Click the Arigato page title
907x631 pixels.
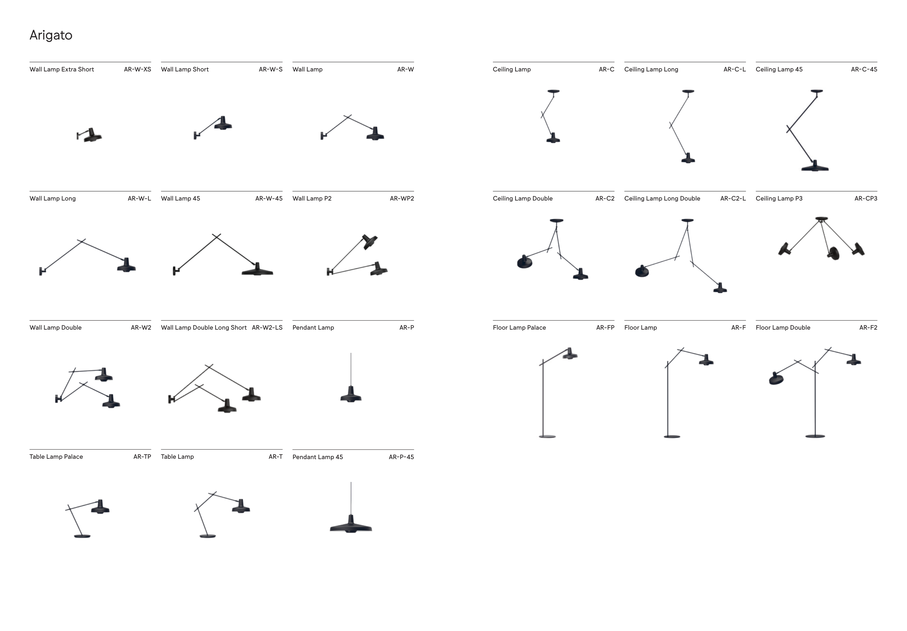[x=51, y=35]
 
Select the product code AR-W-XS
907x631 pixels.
[x=138, y=70]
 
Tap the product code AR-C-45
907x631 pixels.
[x=864, y=70]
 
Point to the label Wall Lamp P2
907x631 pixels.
[x=312, y=199]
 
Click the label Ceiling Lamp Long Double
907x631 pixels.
[x=662, y=199]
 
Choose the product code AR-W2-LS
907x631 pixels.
[x=267, y=328]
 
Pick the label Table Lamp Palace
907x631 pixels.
[x=56, y=457]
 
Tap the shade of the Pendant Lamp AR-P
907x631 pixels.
[x=351, y=395]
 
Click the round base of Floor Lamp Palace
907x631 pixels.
[x=547, y=436]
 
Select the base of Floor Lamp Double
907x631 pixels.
[x=815, y=436]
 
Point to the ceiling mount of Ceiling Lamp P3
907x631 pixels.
[x=821, y=219]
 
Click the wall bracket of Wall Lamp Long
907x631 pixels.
[x=42, y=271]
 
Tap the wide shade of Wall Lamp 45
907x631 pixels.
[x=257, y=270]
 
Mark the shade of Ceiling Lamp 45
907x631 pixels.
[x=814, y=166]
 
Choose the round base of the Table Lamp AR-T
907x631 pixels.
[x=208, y=536]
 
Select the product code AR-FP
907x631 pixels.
[x=605, y=328]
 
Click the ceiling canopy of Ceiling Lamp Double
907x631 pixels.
[x=557, y=220]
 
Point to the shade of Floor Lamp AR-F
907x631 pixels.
[x=706, y=360]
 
